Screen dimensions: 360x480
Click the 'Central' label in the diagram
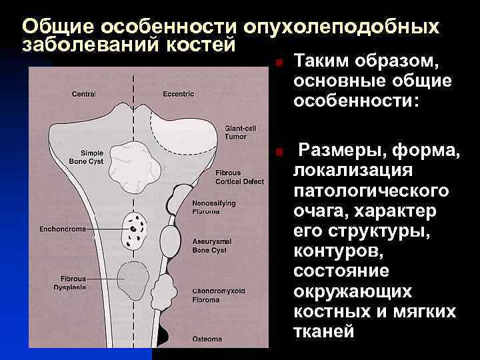coord(83,94)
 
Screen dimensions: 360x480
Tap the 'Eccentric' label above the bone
coord(179,94)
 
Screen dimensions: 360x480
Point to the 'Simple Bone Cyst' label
coord(87,157)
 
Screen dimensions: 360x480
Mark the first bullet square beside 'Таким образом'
coord(281,63)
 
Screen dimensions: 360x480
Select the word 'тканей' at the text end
coord(324,331)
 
